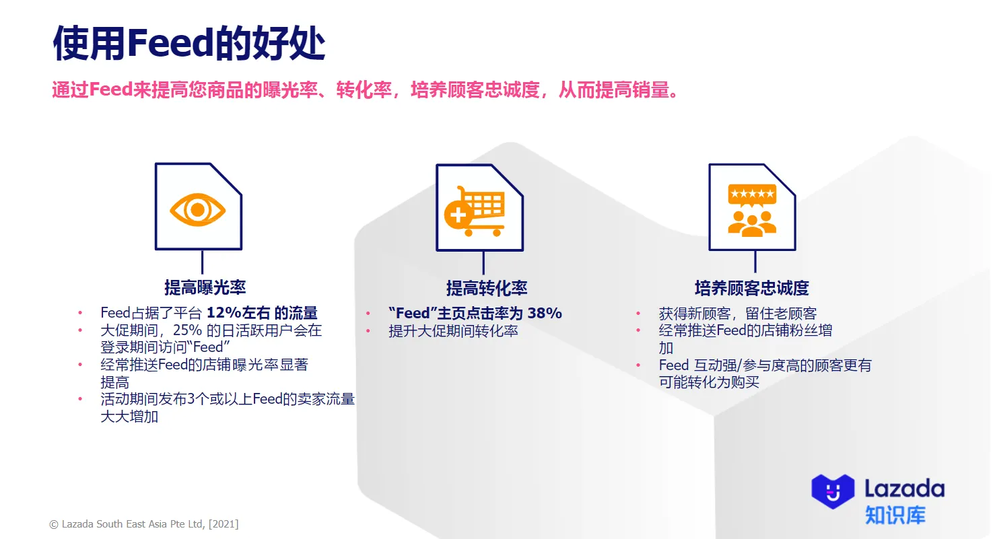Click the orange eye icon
coord(197,209)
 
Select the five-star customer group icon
coord(752,209)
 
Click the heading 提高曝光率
coord(205,287)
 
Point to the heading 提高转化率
coord(486,288)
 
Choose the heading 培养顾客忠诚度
coord(751,288)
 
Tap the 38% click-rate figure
coord(544,313)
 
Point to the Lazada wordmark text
coord(904,488)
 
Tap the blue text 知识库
coord(895,515)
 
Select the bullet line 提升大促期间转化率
coord(453,331)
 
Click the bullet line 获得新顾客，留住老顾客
coord(737,314)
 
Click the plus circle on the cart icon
coord(456,215)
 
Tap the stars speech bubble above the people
coord(752,195)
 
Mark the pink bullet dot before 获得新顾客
coord(638,314)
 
